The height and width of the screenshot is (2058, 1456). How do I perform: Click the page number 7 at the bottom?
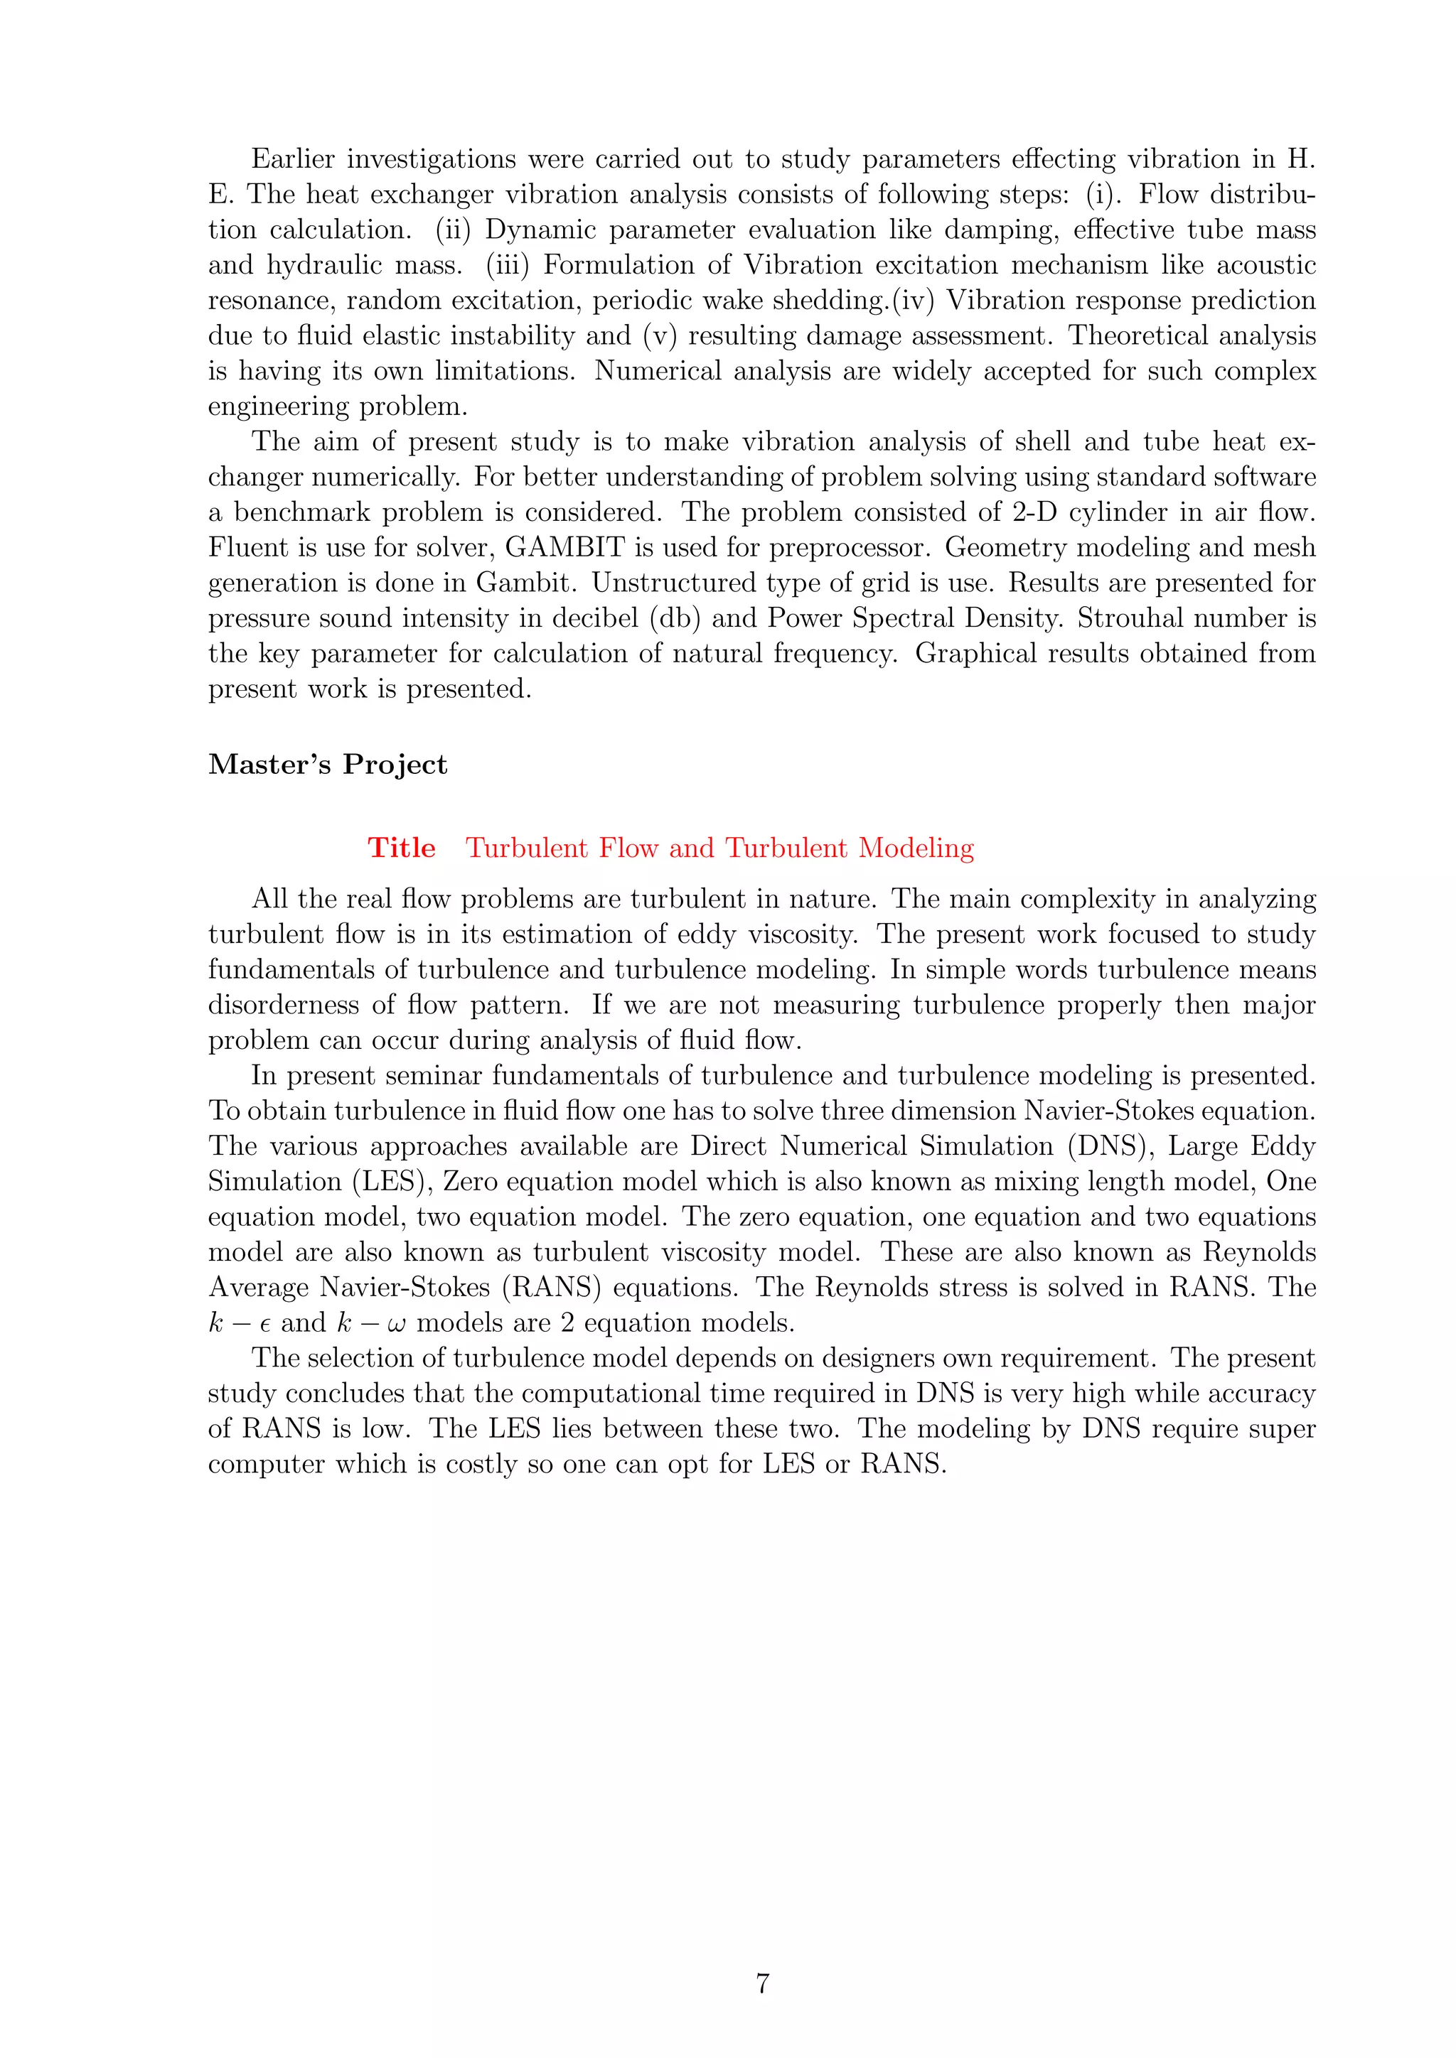[762, 1983]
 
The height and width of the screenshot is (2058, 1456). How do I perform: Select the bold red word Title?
[402, 848]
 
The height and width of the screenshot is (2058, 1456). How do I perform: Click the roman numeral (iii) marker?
[508, 265]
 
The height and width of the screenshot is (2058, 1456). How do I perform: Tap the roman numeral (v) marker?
[659, 336]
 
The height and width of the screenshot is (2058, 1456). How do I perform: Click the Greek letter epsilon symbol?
[265, 1325]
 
